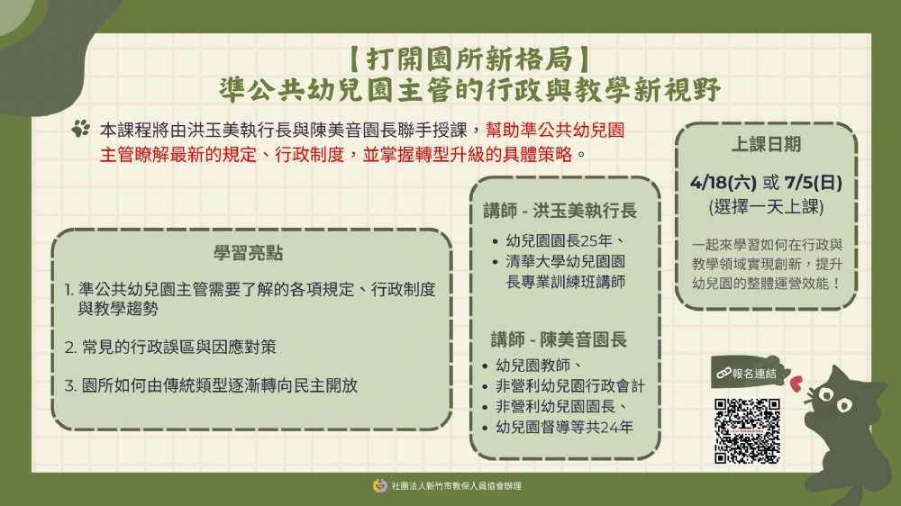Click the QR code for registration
pos(747,430)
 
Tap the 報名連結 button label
pos(746,372)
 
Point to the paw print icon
pos(81,129)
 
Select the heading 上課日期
pos(765,145)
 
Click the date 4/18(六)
pos(724,183)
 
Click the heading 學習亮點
pos(248,254)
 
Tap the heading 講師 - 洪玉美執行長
pos(560,211)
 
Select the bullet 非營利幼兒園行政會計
pos(569,386)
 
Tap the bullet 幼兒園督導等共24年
pos(564,427)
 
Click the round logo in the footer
pos(379,485)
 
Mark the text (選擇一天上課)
pos(765,207)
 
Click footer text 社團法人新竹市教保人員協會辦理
pos(456,486)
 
